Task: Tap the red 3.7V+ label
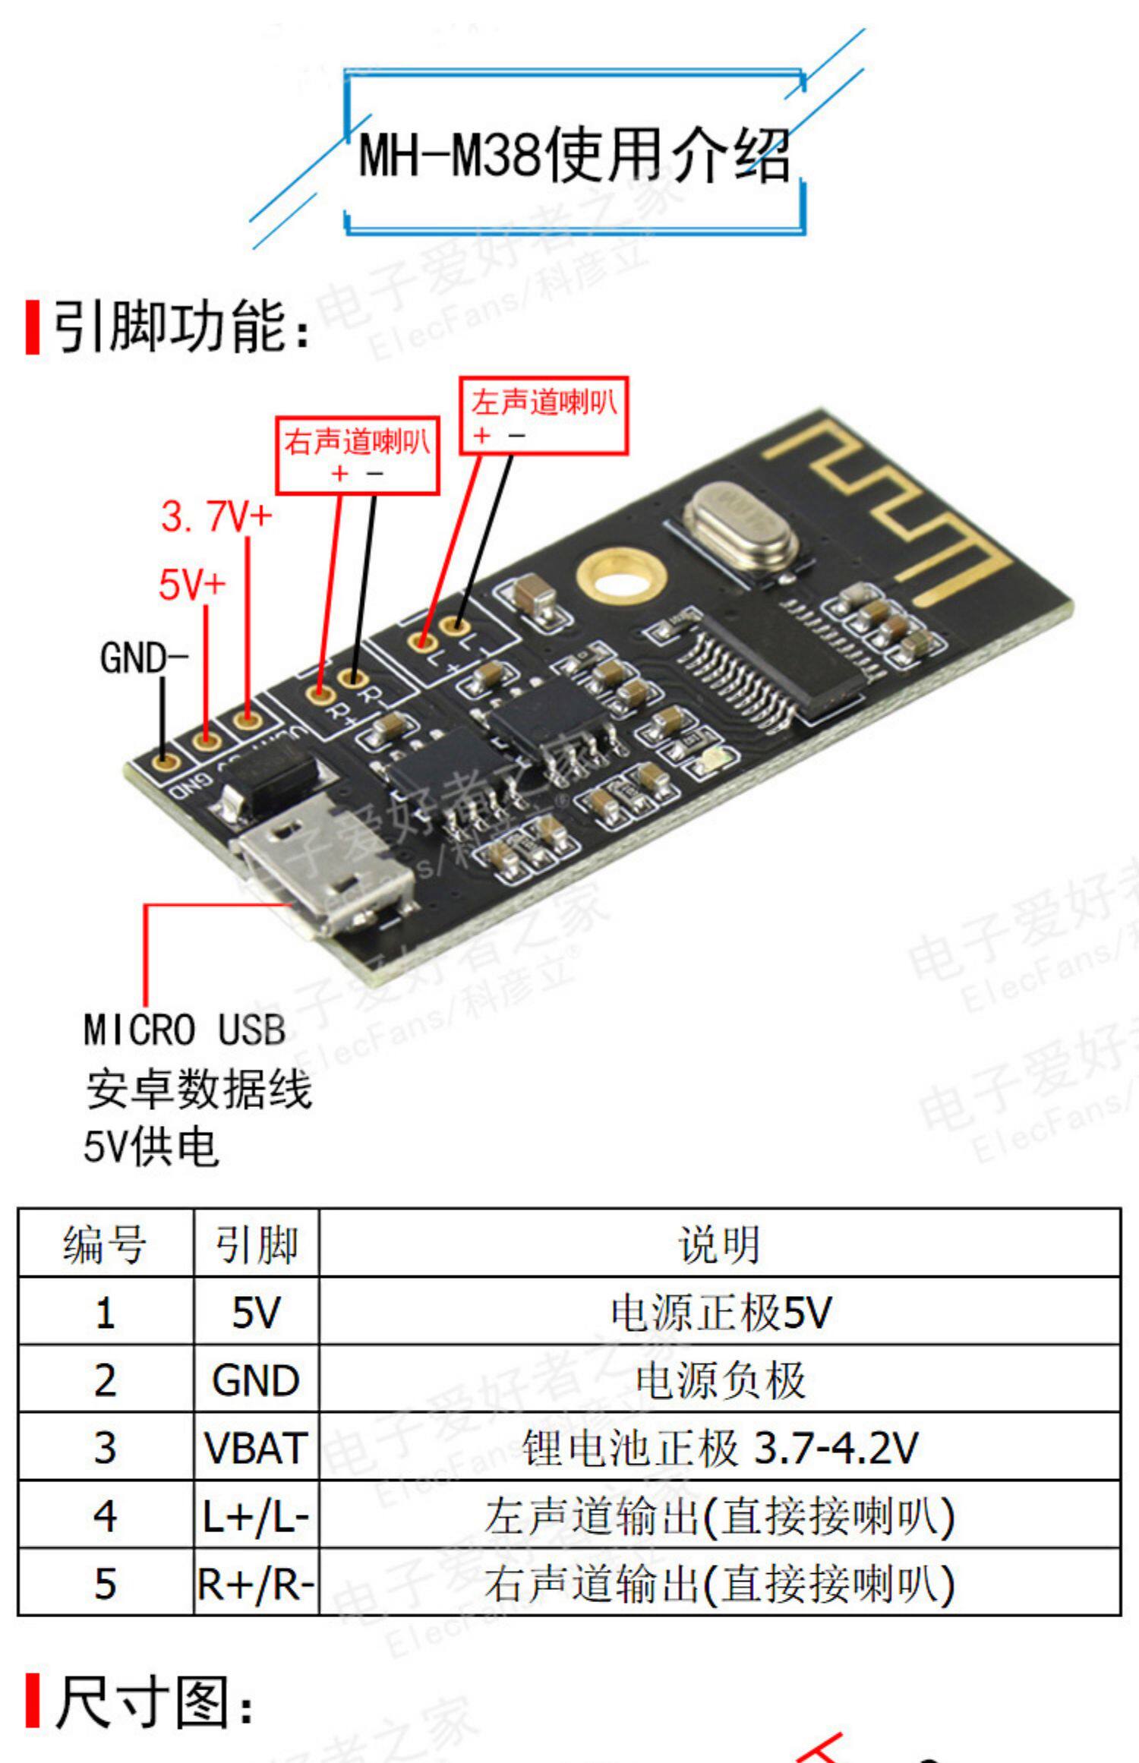216,517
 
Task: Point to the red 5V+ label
192,584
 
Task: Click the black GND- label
144,658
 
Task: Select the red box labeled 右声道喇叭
357,455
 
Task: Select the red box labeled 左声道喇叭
544,415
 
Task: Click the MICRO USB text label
185,1030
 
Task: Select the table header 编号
105,1246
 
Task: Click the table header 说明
718,1246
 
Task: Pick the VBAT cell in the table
256,1448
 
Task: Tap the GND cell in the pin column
256,1380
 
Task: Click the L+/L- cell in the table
256,1516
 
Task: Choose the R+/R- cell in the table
256,1584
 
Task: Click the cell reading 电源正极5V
720,1313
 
